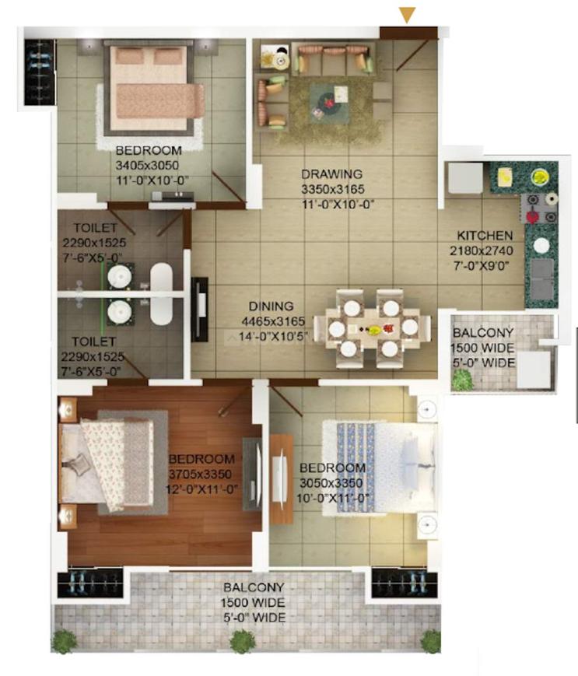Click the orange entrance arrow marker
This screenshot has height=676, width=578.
(x=407, y=15)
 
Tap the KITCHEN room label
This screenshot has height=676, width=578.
(x=485, y=236)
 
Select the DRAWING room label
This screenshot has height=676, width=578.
(x=331, y=174)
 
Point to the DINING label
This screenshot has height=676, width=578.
(x=271, y=306)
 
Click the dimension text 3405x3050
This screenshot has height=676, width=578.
(x=147, y=166)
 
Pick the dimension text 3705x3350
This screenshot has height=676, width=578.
(x=201, y=475)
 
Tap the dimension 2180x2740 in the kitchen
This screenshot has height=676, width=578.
(x=482, y=250)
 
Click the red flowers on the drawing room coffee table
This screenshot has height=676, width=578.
(x=330, y=103)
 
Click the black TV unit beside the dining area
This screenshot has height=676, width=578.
(x=200, y=309)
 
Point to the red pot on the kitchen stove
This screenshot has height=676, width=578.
(x=534, y=216)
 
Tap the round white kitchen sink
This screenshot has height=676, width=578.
(x=541, y=245)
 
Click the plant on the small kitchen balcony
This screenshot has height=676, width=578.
(x=462, y=380)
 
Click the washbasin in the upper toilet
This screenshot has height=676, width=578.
(x=119, y=276)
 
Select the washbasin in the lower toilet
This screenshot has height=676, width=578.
(x=119, y=311)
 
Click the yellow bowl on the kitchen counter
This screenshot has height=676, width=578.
(x=539, y=177)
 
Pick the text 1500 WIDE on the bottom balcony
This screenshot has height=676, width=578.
(x=253, y=602)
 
